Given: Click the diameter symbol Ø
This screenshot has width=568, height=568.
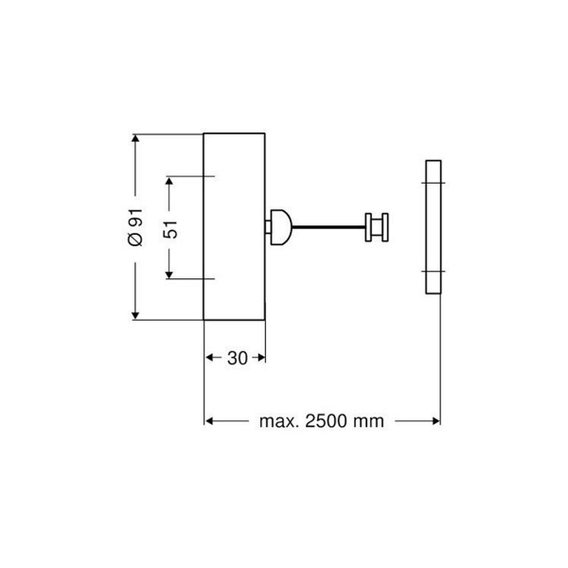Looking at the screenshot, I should point(135,240).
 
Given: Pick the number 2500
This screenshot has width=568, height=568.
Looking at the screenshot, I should point(325,421).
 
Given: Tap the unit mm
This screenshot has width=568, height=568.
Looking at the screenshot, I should point(368,421).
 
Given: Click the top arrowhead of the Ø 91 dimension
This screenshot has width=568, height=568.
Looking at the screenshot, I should point(135,140).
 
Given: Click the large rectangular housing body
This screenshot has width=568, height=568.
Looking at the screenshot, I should point(236,227).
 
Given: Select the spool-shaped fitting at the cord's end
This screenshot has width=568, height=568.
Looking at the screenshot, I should point(377,227).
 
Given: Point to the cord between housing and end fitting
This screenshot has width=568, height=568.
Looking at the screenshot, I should point(327,227).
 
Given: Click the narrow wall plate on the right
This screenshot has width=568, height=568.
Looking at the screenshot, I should point(432,227).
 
